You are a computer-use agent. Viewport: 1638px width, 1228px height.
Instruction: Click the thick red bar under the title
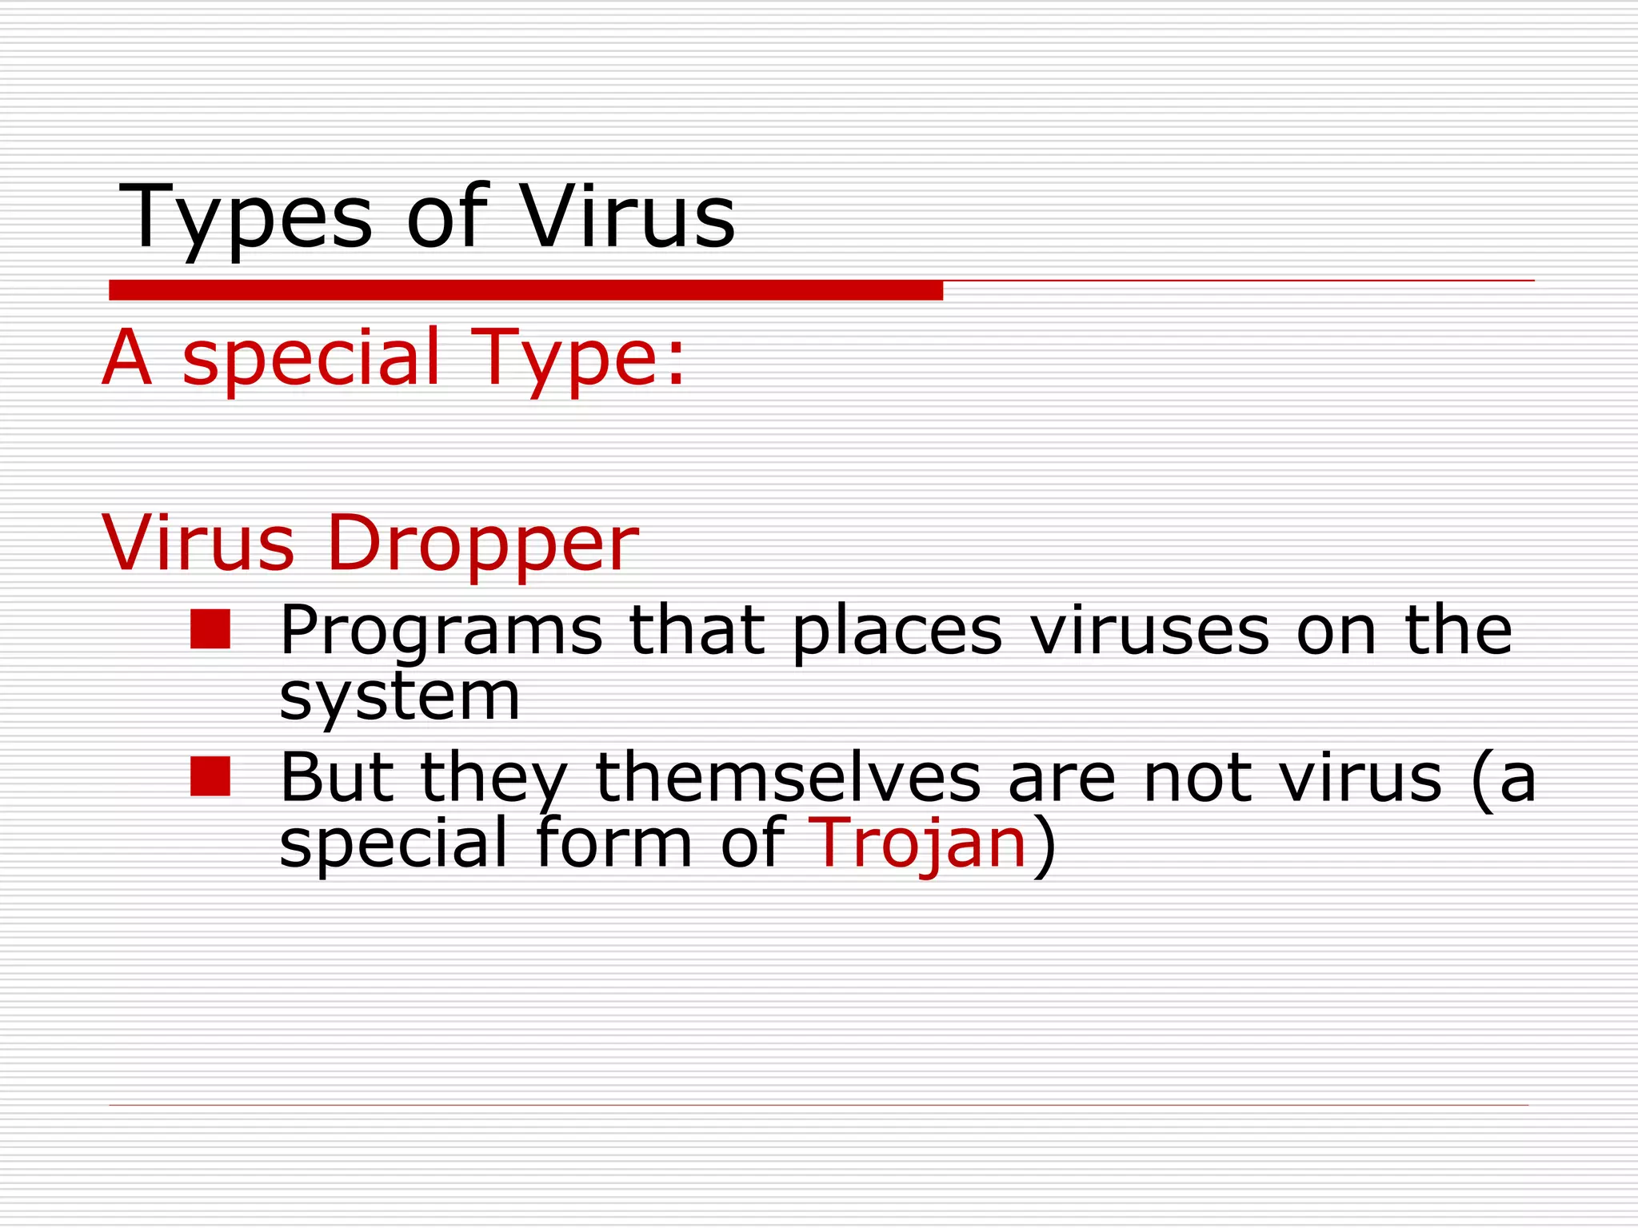tap(525, 290)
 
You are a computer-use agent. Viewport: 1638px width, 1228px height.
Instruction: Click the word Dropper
tap(482, 544)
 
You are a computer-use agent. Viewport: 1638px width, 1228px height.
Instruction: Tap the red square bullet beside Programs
tap(210, 629)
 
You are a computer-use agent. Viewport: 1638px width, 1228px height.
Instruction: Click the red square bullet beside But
tap(210, 777)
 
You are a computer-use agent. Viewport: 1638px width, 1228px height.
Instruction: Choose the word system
tap(399, 697)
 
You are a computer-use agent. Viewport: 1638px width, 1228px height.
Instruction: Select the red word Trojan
tap(917, 844)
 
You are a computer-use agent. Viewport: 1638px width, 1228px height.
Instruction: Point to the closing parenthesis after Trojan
tap(1045, 845)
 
